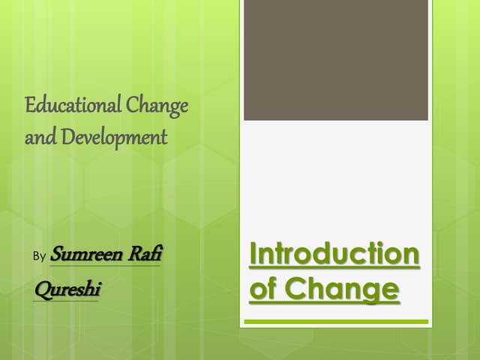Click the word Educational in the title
point(73,106)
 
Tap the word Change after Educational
point(157,106)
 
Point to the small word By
point(40,256)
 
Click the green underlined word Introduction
point(334,254)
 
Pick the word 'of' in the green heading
point(262,288)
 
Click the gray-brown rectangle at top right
point(335,60)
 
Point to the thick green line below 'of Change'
point(336,322)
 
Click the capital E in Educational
point(30,106)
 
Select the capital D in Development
point(66,138)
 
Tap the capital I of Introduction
point(253,254)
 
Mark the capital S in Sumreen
point(57,255)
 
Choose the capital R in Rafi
point(133,254)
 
